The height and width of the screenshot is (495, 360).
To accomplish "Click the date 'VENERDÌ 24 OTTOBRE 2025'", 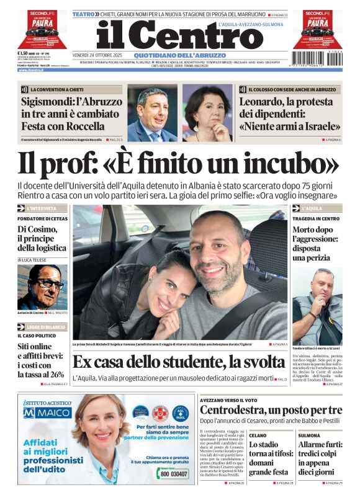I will coord(101,55).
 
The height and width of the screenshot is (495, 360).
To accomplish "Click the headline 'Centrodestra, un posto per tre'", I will coord(271,410).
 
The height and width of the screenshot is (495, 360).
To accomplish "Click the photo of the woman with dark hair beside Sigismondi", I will coord(207,114).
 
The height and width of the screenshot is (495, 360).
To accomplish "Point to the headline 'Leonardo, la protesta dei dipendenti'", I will coord(290,114).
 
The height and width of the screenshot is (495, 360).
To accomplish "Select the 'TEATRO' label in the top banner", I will coord(84,14).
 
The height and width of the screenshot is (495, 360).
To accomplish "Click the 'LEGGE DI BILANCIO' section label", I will coord(47,326).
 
